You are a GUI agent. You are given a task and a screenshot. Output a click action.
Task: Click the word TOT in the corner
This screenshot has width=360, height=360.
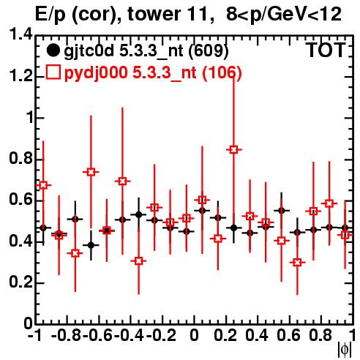pyautogui.click(x=326, y=50)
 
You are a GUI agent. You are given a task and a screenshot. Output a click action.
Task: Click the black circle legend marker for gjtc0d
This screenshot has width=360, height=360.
pyautogui.click(x=53, y=50)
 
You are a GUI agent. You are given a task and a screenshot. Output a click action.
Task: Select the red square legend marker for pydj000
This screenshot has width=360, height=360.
pyautogui.click(x=53, y=72)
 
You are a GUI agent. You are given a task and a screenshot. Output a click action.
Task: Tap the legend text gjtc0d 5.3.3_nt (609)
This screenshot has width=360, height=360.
pyautogui.click(x=146, y=51)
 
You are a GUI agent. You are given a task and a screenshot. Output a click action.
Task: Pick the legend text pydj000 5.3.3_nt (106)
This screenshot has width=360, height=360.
pyautogui.click(x=153, y=73)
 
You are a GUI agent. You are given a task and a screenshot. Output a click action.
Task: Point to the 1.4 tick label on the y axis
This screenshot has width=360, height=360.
pyautogui.click(x=20, y=35)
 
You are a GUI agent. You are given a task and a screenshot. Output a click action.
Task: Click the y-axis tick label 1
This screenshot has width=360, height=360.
pyautogui.click(x=29, y=118)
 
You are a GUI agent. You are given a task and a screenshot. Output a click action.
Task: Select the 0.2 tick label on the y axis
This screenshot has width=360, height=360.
pyautogui.click(x=20, y=282)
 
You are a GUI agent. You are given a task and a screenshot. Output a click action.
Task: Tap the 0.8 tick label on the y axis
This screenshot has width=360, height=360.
pyautogui.click(x=20, y=159)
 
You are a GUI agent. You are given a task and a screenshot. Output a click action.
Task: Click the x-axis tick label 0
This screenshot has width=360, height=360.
pyautogui.click(x=194, y=335)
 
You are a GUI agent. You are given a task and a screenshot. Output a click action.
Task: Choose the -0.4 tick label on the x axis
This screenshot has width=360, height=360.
pyautogui.click(x=130, y=335)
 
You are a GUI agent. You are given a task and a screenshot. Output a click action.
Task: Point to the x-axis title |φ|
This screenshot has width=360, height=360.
pyautogui.click(x=345, y=350)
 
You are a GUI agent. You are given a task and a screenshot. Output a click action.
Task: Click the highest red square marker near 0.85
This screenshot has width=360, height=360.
pyautogui.click(x=233, y=149)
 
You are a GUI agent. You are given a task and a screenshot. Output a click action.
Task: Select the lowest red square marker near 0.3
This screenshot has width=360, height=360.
pyautogui.click(x=297, y=263)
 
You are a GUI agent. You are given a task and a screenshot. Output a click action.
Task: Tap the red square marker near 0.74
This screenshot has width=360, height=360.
pyautogui.click(x=91, y=172)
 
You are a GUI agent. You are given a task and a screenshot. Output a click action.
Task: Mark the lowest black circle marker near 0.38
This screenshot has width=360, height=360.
pyautogui.click(x=91, y=245)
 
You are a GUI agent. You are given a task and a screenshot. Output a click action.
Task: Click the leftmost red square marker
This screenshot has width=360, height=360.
pyautogui.click(x=43, y=185)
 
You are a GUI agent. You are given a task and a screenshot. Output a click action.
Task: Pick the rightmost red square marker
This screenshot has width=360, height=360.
pyautogui.click(x=345, y=235)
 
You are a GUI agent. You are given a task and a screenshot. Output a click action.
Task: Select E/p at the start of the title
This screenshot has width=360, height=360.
pyautogui.click(x=50, y=15)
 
